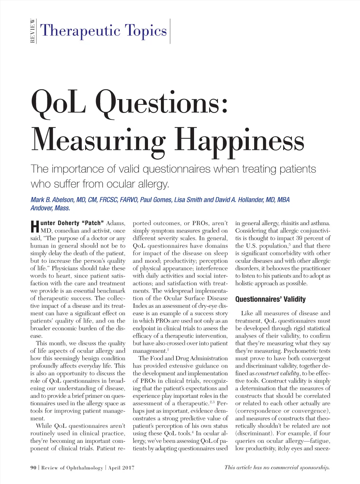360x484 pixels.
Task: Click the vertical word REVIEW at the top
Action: (x=32, y=31)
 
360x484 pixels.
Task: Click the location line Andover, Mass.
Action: (x=50, y=208)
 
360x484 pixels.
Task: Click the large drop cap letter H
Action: (x=34, y=227)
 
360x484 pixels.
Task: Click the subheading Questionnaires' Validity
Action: (x=270, y=299)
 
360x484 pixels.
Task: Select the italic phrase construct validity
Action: (x=277, y=374)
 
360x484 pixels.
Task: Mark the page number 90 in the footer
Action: (x=33, y=468)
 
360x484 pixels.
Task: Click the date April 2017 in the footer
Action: (x=121, y=468)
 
